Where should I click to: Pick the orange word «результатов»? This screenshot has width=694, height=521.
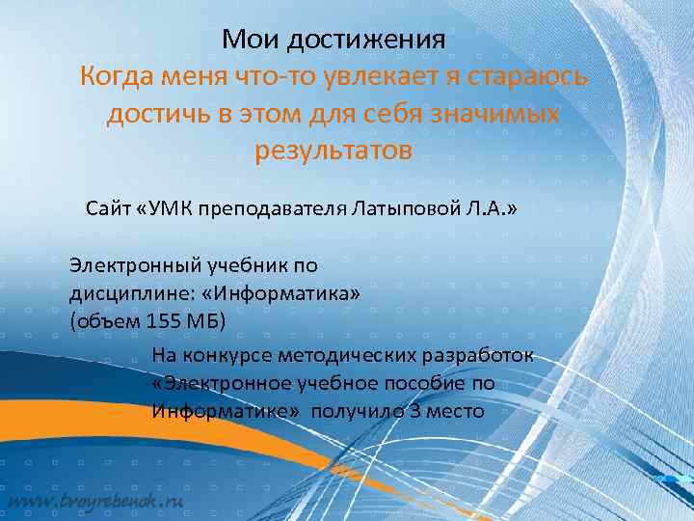point(333,151)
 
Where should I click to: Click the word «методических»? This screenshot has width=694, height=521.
point(339,357)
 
